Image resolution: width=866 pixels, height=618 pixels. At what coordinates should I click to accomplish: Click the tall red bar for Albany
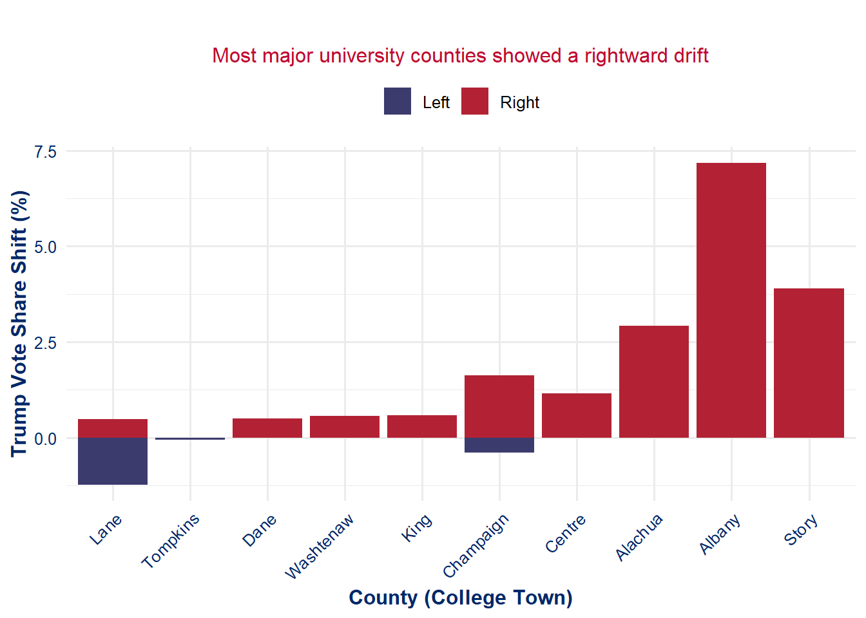tap(731, 300)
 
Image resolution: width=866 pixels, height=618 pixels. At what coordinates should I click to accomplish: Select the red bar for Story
tap(809, 363)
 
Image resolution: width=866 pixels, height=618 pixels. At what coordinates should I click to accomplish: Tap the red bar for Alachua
tap(654, 382)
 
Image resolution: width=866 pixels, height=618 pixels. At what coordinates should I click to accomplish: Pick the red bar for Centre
tap(577, 415)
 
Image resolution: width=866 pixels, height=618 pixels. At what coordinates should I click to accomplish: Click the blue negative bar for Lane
tap(113, 461)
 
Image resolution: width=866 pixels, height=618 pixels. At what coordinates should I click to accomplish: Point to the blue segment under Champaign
tap(499, 445)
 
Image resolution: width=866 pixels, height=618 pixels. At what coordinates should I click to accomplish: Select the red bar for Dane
tap(267, 428)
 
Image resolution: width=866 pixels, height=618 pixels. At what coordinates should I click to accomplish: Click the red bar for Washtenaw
tap(345, 427)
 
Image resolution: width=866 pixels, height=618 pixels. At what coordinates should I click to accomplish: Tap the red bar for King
tap(422, 426)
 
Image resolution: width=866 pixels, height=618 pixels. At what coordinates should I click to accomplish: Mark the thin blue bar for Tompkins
tap(190, 438)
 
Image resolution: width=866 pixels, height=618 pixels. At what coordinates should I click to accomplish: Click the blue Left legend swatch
tap(398, 101)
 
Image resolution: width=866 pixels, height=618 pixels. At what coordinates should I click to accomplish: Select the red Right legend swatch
tap(475, 101)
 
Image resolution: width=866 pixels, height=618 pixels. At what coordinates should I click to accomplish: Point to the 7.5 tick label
tap(46, 152)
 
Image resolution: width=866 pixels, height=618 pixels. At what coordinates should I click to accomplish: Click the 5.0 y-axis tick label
tap(46, 247)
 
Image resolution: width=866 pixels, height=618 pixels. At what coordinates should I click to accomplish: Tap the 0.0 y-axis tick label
tap(46, 439)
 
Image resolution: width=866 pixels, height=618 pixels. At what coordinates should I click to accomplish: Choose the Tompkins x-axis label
tap(171, 541)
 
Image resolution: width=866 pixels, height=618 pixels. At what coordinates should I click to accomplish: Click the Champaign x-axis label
tap(476, 545)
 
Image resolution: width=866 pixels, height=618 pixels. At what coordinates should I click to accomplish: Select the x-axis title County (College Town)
tap(461, 597)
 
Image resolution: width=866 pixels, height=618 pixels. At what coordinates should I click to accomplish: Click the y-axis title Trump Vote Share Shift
tap(20, 323)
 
